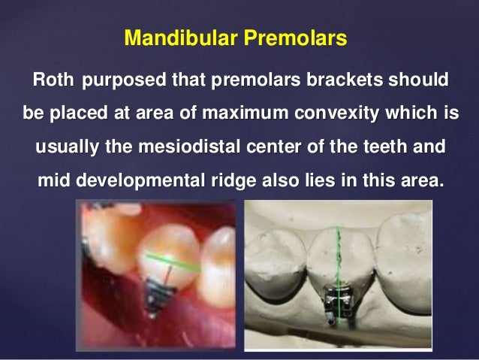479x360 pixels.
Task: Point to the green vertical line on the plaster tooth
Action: [339, 256]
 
